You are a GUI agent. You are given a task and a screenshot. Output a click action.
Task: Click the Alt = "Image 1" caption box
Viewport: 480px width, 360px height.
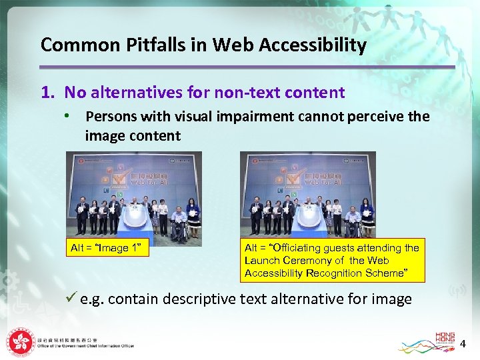pyautogui.click(x=109, y=249)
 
